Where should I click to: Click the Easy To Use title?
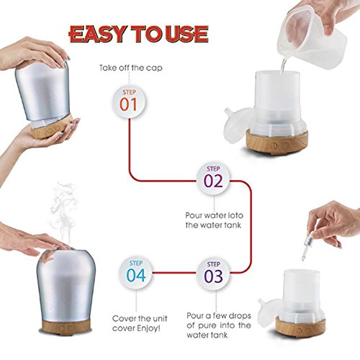pyautogui.click(x=138, y=33)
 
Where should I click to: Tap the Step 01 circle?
pyautogui.click(x=129, y=102)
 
